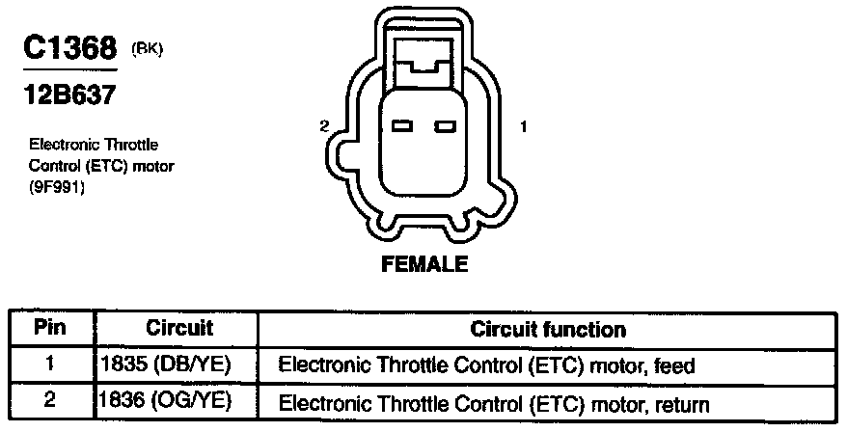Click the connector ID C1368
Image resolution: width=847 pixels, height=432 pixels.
click(69, 49)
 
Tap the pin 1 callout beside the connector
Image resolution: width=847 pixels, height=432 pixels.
click(523, 126)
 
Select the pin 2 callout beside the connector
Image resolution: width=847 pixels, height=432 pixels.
click(325, 126)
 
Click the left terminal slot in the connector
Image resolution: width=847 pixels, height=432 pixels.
click(403, 127)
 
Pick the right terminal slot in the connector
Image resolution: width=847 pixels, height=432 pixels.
click(444, 127)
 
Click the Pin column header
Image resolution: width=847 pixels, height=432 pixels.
click(50, 328)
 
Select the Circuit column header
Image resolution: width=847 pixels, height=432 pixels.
click(179, 328)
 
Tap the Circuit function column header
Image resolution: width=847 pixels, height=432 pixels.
click(548, 330)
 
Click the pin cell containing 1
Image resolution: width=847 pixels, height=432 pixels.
click(50, 365)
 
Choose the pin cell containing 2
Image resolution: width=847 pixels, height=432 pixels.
click(50, 402)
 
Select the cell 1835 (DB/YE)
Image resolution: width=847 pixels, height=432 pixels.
click(166, 365)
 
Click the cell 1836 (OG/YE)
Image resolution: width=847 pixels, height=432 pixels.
click(166, 402)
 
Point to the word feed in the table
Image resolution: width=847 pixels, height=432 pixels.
click(674, 366)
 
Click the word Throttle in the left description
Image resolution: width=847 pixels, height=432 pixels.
click(131, 145)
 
